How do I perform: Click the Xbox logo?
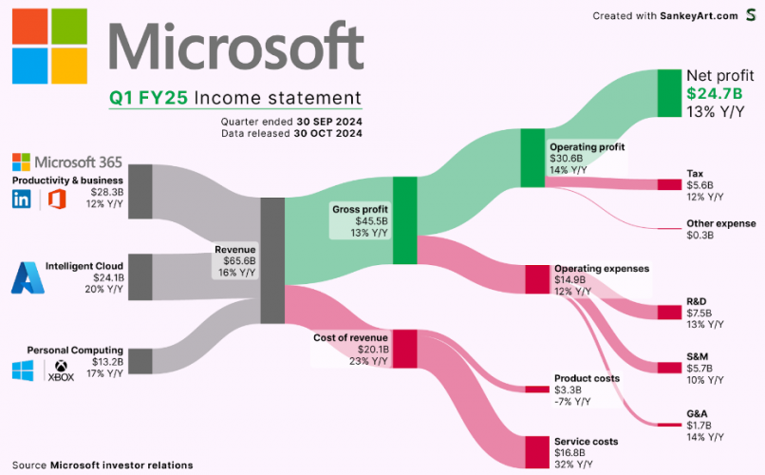(x=61, y=371)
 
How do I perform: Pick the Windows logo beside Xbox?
(x=23, y=371)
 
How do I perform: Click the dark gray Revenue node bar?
(x=271, y=260)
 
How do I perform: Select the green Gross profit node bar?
(x=404, y=219)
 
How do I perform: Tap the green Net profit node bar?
(x=670, y=93)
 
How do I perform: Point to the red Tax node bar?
(x=670, y=184)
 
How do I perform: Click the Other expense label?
(x=720, y=224)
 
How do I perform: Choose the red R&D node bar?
(x=670, y=312)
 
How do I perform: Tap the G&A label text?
(x=698, y=414)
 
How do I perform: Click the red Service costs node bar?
(x=538, y=450)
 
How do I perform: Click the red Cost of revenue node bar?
(x=404, y=347)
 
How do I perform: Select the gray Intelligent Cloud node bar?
(x=140, y=276)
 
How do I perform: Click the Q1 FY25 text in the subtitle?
(x=146, y=98)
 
